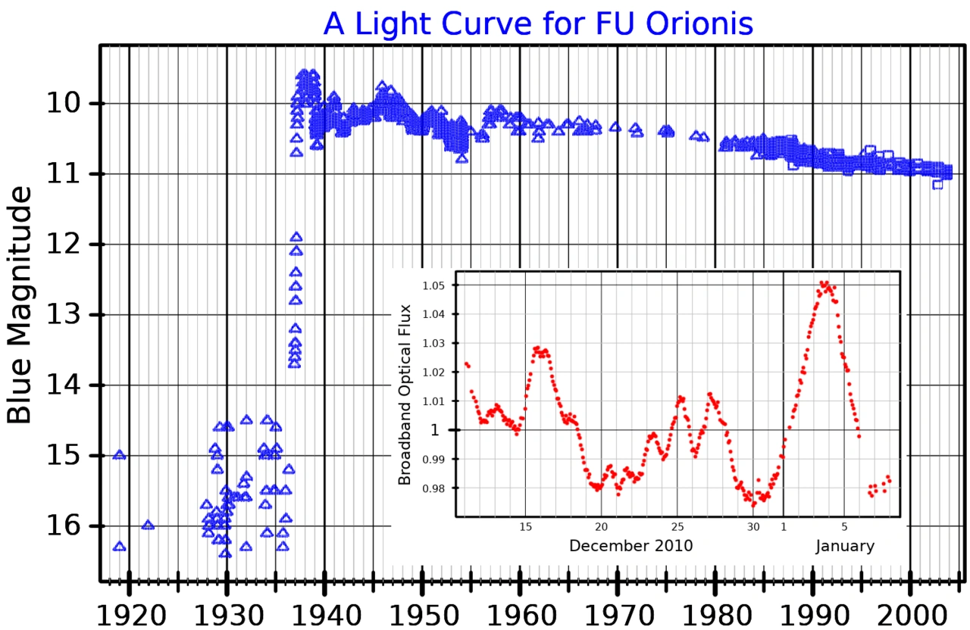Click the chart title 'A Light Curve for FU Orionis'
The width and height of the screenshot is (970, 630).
(x=538, y=23)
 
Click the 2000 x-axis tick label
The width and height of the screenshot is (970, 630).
(x=909, y=614)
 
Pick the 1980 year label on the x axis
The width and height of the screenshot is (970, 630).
(x=714, y=614)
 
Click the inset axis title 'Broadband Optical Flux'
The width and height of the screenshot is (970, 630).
(x=405, y=395)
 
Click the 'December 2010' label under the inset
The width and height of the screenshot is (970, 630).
(x=630, y=545)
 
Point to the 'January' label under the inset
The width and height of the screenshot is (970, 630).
(x=845, y=545)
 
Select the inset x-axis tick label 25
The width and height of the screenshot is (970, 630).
(x=677, y=526)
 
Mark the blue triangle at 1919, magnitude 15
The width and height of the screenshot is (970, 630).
(x=119, y=455)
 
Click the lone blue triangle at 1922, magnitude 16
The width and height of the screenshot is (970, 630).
(x=148, y=525)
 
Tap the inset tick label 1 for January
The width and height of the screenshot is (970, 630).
(x=784, y=526)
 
